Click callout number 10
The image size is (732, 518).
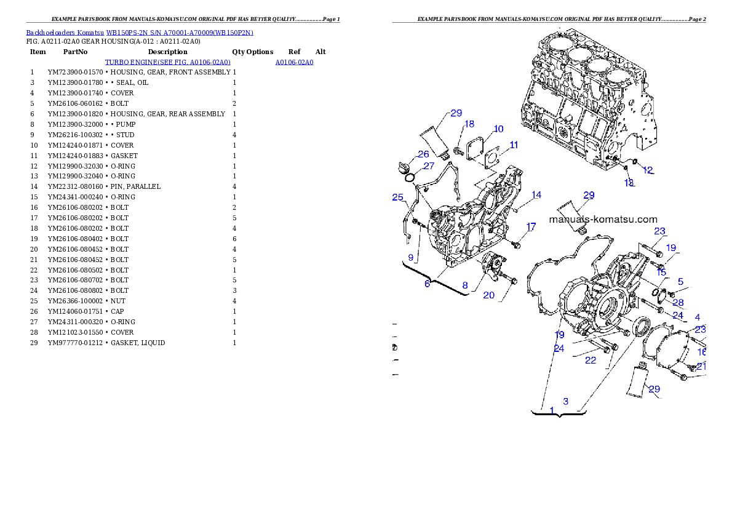498,129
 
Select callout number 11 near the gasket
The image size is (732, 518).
514,145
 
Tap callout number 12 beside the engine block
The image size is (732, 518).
648,170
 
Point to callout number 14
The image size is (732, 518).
536,195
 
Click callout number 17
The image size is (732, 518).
531,226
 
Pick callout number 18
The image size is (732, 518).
469,124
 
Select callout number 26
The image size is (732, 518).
424,154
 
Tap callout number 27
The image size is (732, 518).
429,165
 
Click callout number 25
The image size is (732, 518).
397,197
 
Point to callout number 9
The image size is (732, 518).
411,257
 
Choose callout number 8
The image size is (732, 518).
465,285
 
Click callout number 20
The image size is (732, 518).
488,295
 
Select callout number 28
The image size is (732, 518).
678,303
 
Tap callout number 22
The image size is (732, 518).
591,361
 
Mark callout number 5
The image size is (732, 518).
680,281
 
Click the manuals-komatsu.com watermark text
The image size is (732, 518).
603,220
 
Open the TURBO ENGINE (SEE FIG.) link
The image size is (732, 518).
167,63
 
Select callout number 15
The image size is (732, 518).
661,272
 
